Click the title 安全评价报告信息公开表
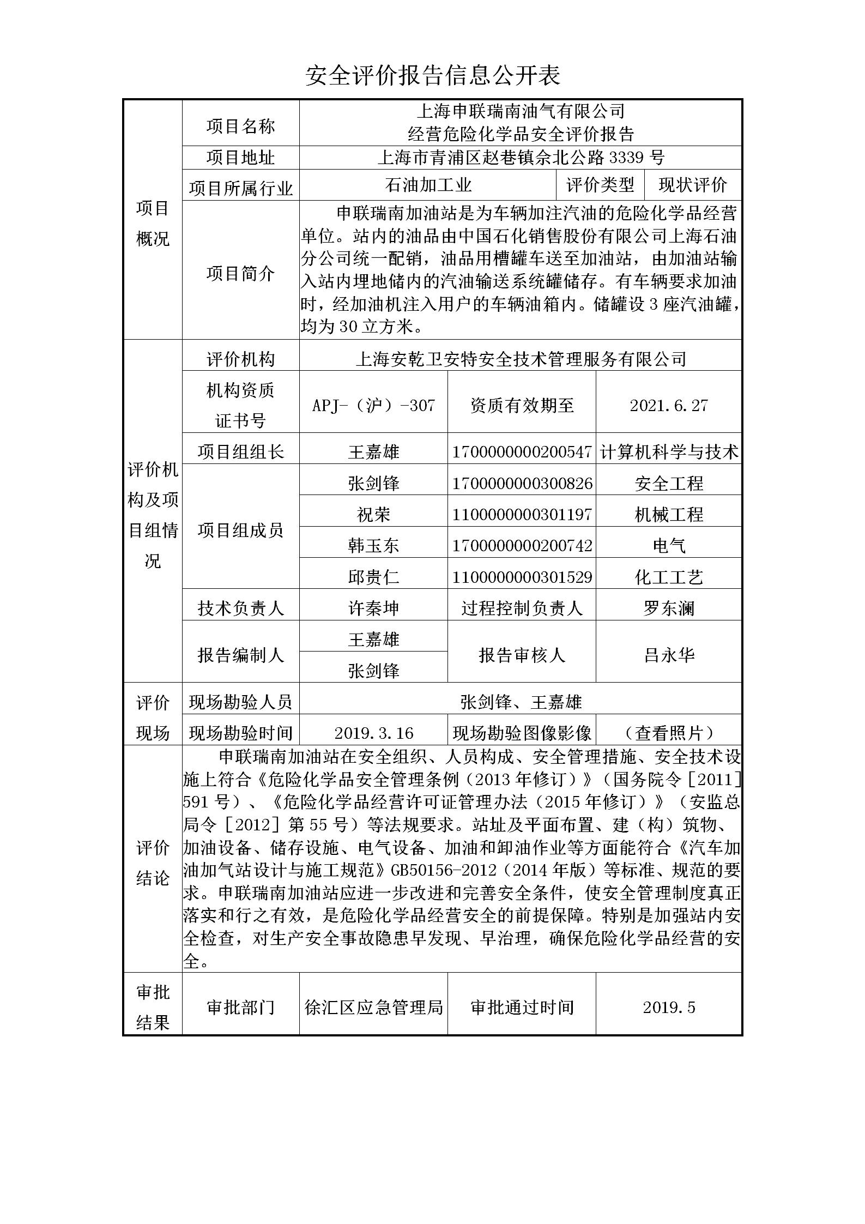pyautogui.click(x=432, y=76)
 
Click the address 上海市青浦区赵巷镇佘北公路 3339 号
pyautogui.click(x=521, y=158)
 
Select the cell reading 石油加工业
pyautogui.click(x=428, y=185)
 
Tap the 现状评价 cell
pyautogui.click(x=692, y=185)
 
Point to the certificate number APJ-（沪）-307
pyautogui.click(x=373, y=405)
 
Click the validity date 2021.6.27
pyautogui.click(x=668, y=405)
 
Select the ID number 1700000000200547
pyautogui.click(x=522, y=452)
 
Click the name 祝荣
pyautogui.click(x=373, y=514)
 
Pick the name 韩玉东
pyautogui.click(x=373, y=545)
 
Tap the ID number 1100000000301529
pyautogui.click(x=522, y=577)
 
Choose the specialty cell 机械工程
pyautogui.click(x=668, y=514)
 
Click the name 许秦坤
pyautogui.click(x=373, y=608)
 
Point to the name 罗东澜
pyautogui.click(x=668, y=608)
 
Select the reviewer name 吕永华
pyautogui.click(x=668, y=655)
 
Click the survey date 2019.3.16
pyautogui.click(x=373, y=733)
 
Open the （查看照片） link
pyautogui.click(x=668, y=733)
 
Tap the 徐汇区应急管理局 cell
pyautogui.click(x=373, y=1007)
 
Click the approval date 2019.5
pyautogui.click(x=668, y=1007)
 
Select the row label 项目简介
pyautogui.click(x=240, y=273)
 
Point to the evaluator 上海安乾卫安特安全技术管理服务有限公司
pyautogui.click(x=521, y=359)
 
